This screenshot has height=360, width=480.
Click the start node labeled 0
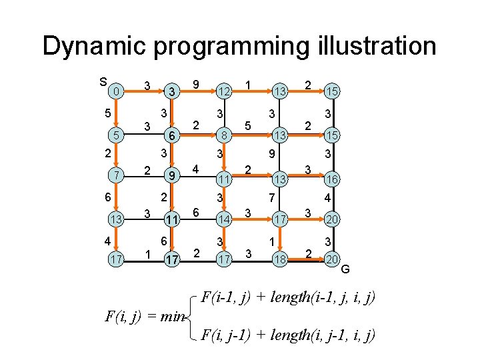(x=116, y=90)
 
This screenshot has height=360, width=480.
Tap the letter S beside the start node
(x=103, y=82)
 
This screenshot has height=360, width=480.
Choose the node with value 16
(x=331, y=179)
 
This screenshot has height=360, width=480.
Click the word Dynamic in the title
(x=94, y=47)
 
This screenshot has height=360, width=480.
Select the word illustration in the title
(x=374, y=47)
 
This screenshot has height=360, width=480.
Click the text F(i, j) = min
(x=144, y=316)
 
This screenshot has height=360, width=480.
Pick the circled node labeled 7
(x=116, y=176)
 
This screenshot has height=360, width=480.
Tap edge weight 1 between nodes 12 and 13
(x=248, y=84)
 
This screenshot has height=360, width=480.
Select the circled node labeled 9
(x=171, y=177)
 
